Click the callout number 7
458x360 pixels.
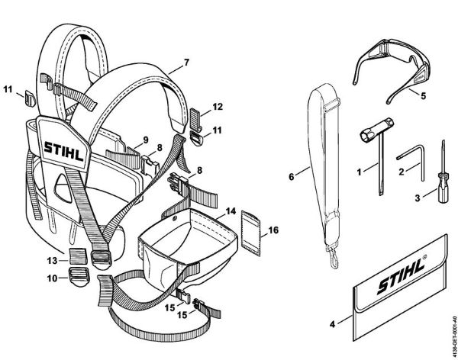click(x=186, y=60)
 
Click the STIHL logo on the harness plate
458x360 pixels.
click(x=66, y=148)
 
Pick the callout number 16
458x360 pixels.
click(x=274, y=228)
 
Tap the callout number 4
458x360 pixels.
click(x=332, y=324)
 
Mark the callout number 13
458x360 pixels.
click(x=44, y=260)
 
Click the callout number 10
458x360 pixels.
click(x=44, y=279)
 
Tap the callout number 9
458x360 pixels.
click(x=143, y=140)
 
